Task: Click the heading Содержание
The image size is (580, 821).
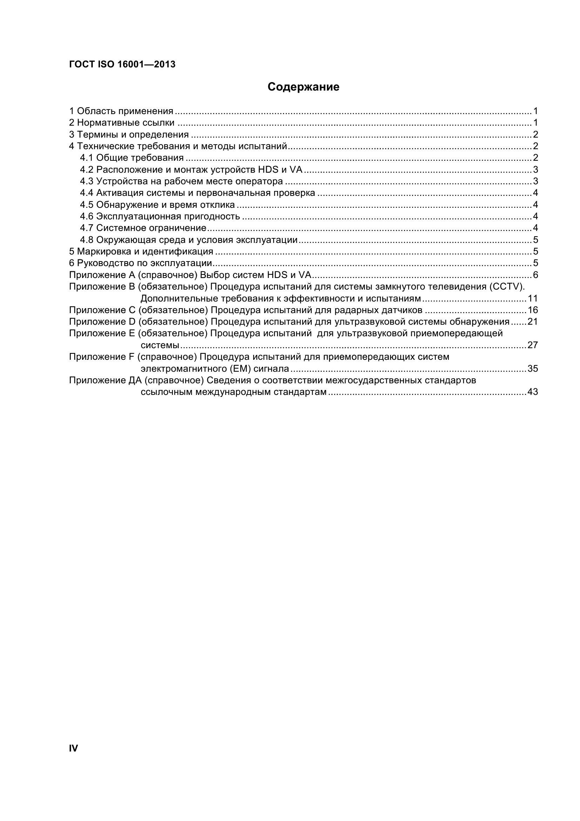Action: [x=303, y=87]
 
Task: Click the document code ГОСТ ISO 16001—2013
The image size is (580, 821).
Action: [x=122, y=64]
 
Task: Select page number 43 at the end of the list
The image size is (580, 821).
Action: [x=533, y=392]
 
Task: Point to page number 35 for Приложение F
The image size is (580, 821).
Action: [x=533, y=368]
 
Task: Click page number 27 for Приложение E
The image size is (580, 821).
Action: [x=533, y=345]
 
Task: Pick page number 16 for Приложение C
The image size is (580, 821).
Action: [x=533, y=310]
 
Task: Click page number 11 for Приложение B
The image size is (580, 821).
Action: [x=533, y=298]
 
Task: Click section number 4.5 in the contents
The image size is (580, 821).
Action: [x=86, y=205]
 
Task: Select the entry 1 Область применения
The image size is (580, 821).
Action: [x=121, y=111]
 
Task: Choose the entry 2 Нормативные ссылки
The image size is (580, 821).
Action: [x=121, y=123]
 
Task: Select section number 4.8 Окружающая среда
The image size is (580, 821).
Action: [x=86, y=240]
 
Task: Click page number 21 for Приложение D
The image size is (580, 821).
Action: [x=533, y=322]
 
